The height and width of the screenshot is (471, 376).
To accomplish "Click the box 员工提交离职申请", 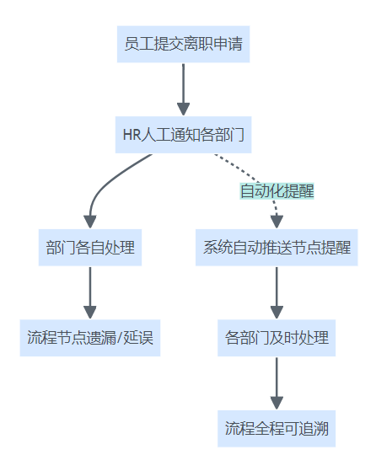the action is tap(183, 44).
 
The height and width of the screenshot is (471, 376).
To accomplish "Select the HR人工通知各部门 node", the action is tap(183, 135).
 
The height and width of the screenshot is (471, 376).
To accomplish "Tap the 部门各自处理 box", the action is tap(90, 248).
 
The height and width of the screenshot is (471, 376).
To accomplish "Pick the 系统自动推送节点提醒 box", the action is tap(277, 248).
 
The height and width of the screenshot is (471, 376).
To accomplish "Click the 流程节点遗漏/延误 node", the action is tap(90, 338).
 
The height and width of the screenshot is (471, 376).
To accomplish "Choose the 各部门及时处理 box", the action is tap(277, 338).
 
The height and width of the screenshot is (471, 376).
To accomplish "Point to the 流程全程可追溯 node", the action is tap(277, 428).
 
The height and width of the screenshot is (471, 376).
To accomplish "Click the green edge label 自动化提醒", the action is tap(277, 191).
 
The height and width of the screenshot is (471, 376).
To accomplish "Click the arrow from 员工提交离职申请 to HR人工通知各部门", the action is tap(183, 89).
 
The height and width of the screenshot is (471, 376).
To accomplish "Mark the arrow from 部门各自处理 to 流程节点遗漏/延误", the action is tap(90, 293).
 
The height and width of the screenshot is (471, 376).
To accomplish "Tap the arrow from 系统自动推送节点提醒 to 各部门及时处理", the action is tap(277, 293).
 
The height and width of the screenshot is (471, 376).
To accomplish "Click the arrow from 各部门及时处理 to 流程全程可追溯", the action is tap(277, 383).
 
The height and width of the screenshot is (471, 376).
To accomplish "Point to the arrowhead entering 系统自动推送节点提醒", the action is tap(277, 222).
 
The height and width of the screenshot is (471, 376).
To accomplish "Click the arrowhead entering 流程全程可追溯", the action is tap(277, 403).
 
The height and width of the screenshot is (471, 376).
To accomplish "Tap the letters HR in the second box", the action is tap(132, 135).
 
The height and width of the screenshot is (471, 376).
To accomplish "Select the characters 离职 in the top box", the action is tap(198, 44).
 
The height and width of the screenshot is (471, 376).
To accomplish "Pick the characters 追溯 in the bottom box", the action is tap(314, 428).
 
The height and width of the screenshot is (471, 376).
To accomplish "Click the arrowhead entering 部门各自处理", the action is tap(90, 222).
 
